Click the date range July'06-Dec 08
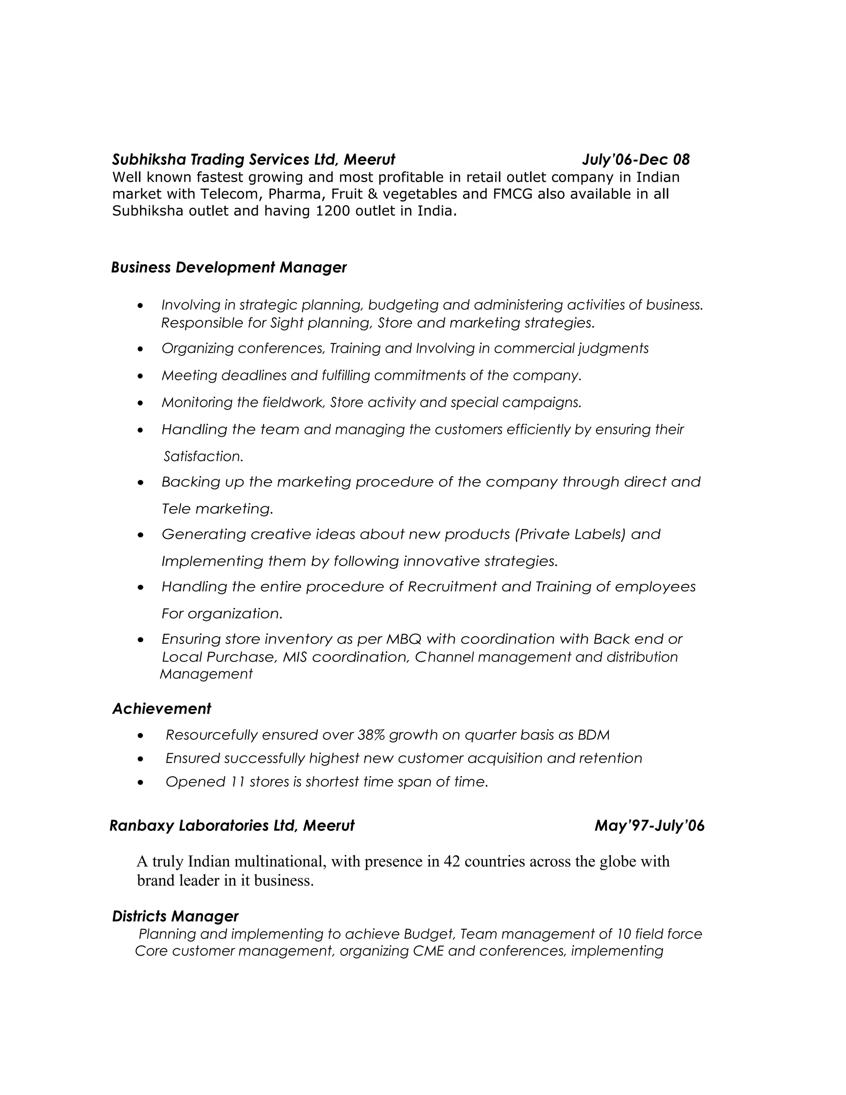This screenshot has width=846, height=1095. coord(635,159)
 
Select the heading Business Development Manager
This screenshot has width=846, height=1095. coord(228,267)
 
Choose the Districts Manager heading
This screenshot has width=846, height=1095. coord(175,916)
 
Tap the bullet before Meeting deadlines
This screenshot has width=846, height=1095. coord(141,376)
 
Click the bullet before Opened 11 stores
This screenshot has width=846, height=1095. coord(141,783)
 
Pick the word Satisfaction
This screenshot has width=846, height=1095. coord(203,456)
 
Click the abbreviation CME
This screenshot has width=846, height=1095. coord(428,951)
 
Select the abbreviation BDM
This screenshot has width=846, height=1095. coord(594,735)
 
